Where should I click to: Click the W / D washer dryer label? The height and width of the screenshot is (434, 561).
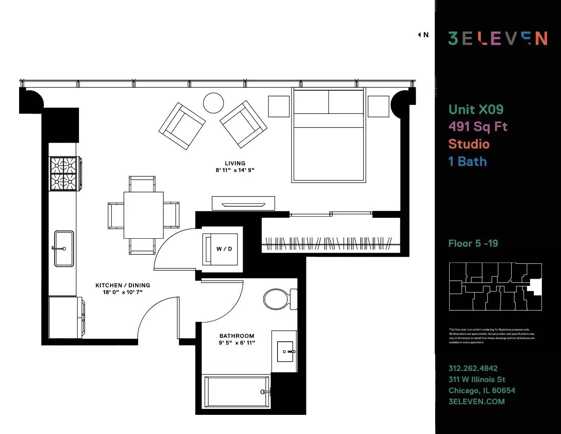tap(224, 249)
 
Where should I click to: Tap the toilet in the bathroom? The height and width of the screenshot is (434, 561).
tap(278, 299)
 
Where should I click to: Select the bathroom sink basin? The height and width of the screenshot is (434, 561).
tap(285, 351)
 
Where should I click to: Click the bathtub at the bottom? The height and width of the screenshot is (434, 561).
tap(237, 391)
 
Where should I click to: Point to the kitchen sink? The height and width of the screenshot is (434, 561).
tap(64, 248)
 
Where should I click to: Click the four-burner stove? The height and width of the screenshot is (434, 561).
tap(64, 174)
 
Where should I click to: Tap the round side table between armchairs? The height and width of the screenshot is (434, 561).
tap(213, 103)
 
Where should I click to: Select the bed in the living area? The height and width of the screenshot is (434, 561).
tap(328, 135)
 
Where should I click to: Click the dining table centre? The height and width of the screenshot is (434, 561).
tap(143, 215)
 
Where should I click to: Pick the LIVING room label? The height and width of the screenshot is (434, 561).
tap(235, 163)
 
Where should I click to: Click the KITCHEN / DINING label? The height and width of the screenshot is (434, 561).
tap(122, 286)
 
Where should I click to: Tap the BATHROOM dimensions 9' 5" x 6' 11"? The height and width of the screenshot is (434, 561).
tap(237, 343)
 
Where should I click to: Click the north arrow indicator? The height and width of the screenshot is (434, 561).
tap(423, 35)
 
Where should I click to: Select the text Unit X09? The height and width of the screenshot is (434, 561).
tap(476, 109)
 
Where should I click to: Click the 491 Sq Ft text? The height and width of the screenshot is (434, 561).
tap(478, 126)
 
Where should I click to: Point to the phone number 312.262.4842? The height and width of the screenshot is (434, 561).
tap(473, 368)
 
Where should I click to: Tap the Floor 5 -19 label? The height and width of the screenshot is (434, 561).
tap(473, 243)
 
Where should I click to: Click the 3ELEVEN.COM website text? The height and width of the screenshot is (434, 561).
tap(476, 401)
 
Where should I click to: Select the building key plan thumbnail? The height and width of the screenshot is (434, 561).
tap(495, 286)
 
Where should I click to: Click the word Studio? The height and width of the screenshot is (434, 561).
tap(469, 144)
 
